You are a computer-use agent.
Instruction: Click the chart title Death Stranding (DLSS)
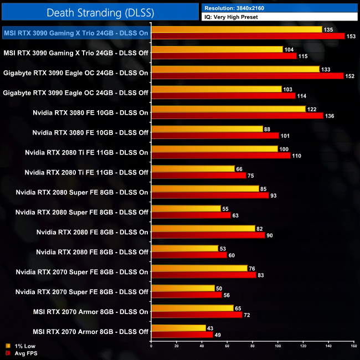(99, 12)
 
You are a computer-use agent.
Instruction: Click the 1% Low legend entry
(23, 345)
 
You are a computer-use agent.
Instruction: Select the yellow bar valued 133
(235, 69)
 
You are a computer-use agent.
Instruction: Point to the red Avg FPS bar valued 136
(237, 116)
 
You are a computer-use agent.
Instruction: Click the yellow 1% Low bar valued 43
(178, 328)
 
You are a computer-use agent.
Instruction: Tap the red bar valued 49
(182, 335)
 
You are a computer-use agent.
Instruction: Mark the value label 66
(240, 169)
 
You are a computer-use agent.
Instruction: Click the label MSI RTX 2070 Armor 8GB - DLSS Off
(90, 332)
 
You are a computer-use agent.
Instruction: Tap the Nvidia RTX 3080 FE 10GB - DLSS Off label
(90, 132)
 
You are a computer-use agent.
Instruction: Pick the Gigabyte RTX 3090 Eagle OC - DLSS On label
(76, 73)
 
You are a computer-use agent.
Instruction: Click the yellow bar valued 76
(199, 269)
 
